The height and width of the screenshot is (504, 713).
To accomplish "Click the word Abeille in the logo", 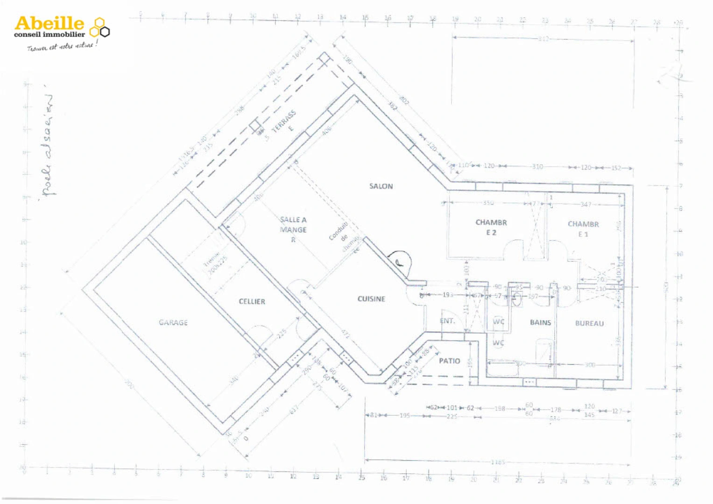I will (x=49, y=23).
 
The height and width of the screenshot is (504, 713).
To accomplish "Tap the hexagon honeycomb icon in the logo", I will (x=99, y=28).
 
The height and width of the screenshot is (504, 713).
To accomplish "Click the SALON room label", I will (x=381, y=186).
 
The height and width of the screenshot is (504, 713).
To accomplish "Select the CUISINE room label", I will (x=371, y=299).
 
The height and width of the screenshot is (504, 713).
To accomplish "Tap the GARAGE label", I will (x=173, y=322).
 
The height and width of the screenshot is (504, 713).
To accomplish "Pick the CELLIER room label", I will (x=252, y=301).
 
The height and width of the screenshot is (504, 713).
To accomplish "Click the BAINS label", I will (x=540, y=322).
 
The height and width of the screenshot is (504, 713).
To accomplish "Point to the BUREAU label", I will (x=589, y=323).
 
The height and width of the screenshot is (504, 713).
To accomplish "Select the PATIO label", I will (x=449, y=361).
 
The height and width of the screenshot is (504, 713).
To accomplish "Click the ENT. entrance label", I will (x=447, y=321).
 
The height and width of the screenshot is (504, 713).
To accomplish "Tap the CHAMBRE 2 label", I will (x=491, y=227).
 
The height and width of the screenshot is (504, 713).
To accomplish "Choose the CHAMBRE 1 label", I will (x=583, y=229).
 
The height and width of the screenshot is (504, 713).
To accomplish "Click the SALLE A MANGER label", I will (x=293, y=229).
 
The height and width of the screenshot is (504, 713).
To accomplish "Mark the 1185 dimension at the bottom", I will (x=498, y=462).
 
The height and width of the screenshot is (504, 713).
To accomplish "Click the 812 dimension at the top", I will (x=543, y=39).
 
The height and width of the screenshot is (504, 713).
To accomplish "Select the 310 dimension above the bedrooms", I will (x=537, y=167).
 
